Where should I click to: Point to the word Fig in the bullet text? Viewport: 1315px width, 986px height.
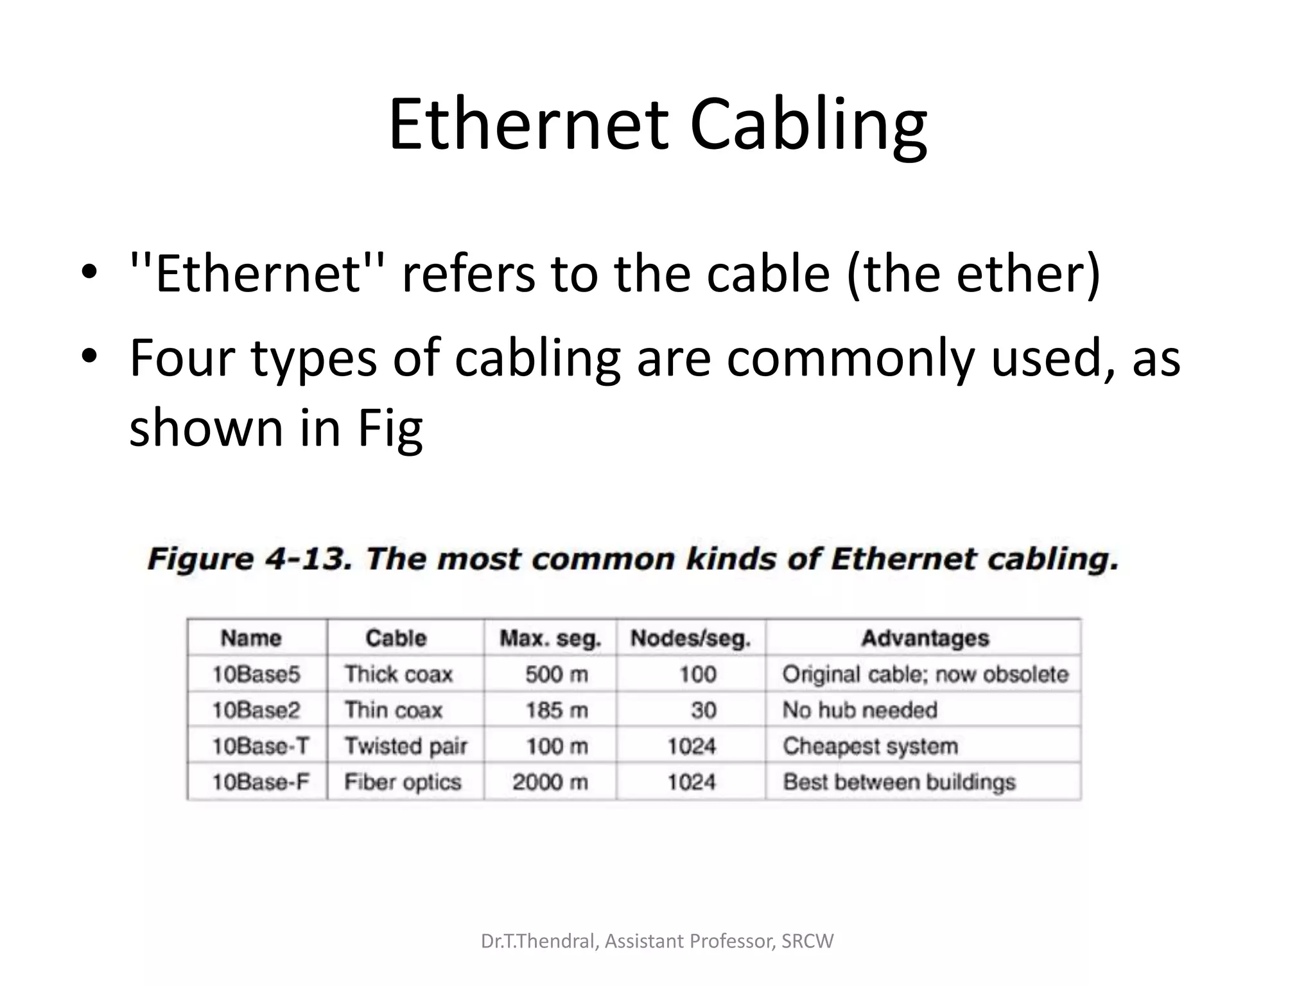click(390, 428)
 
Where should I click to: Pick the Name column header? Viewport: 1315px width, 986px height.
click(251, 638)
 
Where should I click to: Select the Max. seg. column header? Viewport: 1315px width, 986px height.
click(550, 638)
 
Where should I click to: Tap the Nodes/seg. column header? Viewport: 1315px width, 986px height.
click(690, 638)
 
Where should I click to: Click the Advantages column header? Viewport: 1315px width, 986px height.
click(925, 638)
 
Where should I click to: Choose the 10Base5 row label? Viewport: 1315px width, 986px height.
click(256, 674)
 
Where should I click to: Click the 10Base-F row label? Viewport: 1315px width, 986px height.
click(260, 782)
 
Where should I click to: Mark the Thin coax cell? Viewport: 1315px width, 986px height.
click(394, 710)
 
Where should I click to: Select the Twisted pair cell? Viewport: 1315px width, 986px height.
click(406, 746)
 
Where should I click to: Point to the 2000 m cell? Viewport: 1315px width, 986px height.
click(550, 782)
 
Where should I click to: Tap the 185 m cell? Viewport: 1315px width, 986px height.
click(556, 710)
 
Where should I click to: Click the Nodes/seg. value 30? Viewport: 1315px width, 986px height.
click(703, 710)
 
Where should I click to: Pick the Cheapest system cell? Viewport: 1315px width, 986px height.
click(870, 746)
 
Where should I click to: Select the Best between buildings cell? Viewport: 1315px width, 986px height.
click(899, 782)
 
